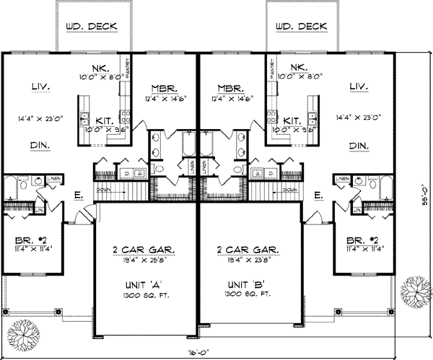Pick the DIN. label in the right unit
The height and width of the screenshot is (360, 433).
coord(357,145)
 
